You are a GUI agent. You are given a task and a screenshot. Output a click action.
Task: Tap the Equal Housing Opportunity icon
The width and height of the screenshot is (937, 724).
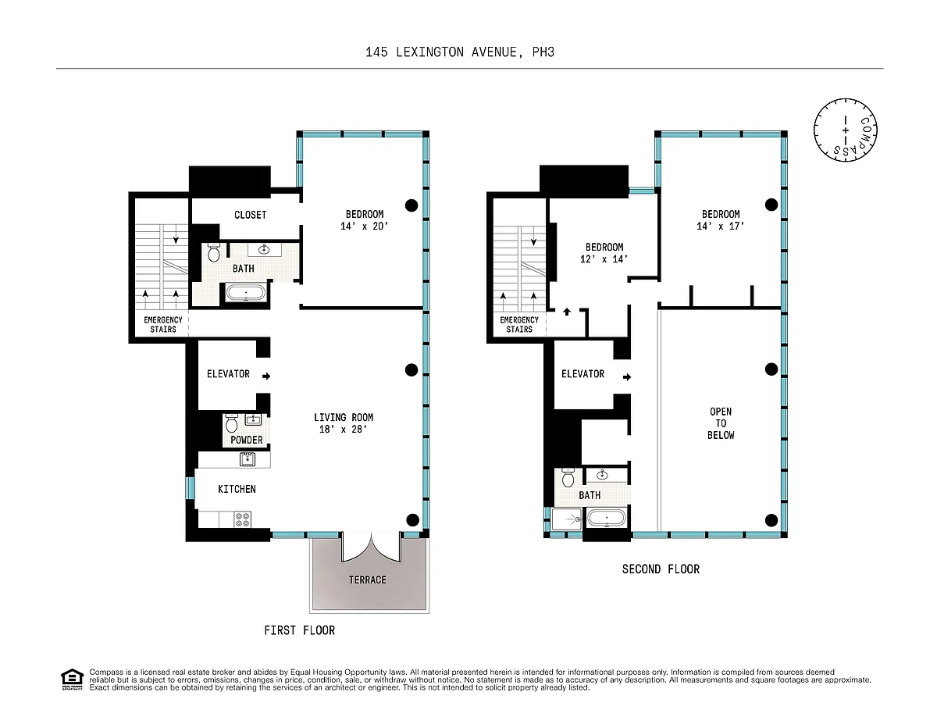point(72,679)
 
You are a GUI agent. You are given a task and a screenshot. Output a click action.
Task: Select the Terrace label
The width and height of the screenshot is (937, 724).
point(368,580)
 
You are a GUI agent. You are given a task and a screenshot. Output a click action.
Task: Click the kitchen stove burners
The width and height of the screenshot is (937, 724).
point(243,519)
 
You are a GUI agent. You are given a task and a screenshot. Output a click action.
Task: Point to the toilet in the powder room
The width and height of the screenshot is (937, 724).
point(232,423)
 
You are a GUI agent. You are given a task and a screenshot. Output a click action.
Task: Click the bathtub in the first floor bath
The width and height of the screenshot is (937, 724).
point(246,293)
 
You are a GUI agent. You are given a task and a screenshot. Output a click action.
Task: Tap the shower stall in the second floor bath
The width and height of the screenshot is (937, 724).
point(567,519)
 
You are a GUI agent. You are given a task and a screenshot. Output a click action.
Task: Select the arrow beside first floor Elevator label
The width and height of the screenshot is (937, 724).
point(266,376)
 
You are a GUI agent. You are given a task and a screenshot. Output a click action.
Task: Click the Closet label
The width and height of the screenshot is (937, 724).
point(250,215)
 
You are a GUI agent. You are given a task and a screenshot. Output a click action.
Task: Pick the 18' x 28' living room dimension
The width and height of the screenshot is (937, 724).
point(344,430)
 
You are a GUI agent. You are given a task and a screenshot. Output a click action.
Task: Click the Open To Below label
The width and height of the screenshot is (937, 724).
point(721,423)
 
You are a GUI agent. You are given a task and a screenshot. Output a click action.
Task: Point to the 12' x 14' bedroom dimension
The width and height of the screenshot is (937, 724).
point(604,259)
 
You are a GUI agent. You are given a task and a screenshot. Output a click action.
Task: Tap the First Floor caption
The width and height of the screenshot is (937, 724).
point(300,630)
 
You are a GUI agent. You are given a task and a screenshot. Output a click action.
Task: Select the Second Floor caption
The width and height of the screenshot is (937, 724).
point(661,569)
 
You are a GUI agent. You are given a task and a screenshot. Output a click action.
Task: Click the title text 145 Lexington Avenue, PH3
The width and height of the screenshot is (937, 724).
point(460,52)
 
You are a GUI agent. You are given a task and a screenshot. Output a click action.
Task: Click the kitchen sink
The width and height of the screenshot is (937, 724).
point(247,459)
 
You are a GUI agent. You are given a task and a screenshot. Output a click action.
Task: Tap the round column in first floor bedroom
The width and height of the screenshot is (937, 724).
point(411,205)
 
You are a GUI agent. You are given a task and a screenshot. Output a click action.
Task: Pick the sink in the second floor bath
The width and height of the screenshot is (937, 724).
point(602,475)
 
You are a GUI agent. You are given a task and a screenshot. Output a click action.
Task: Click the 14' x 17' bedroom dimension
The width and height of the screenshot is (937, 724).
point(721,226)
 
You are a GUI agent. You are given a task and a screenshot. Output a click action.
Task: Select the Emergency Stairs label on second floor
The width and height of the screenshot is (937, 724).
point(519,324)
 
